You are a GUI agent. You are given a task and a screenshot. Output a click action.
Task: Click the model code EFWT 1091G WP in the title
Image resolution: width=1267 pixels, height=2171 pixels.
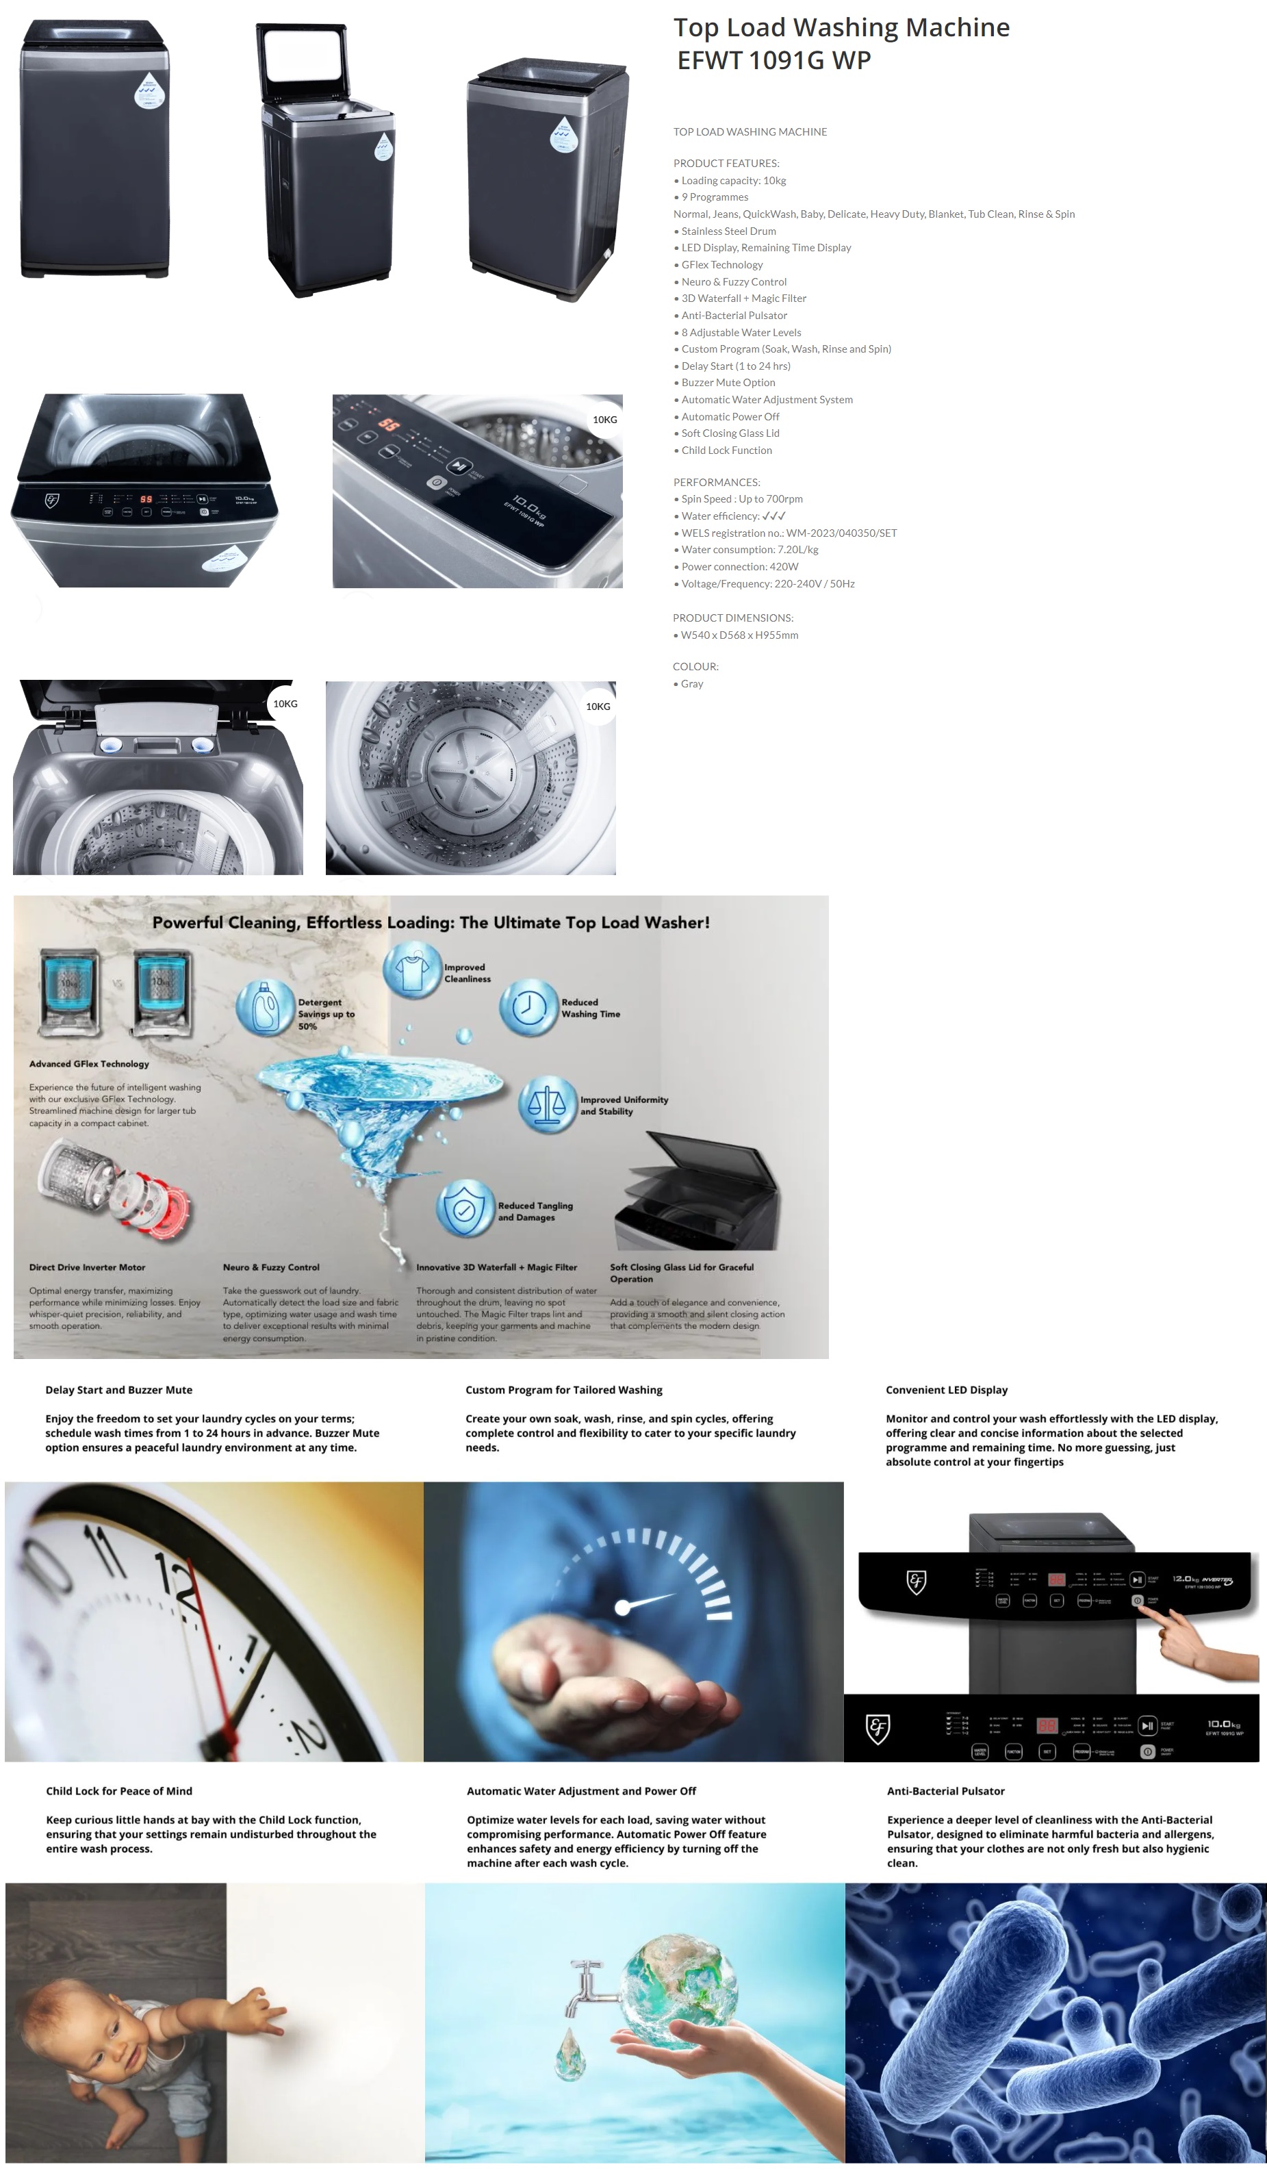(773, 61)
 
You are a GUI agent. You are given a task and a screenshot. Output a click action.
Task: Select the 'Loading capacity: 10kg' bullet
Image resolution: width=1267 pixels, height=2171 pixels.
(733, 181)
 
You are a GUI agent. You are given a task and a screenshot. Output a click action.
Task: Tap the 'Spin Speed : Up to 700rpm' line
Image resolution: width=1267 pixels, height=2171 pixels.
(741, 500)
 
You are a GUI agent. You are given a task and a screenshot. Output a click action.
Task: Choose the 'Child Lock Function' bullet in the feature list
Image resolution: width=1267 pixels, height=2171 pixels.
(726, 450)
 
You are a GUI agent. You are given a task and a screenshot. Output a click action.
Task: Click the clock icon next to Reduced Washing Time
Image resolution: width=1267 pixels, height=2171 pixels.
(529, 1007)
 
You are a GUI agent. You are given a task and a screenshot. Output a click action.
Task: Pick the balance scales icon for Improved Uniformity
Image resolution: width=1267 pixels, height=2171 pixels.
(547, 1104)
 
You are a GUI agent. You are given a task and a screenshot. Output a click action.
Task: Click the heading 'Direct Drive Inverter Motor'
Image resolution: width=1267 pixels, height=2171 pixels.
(87, 1267)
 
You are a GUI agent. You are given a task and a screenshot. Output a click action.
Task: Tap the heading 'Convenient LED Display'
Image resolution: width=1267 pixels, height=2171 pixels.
(946, 1390)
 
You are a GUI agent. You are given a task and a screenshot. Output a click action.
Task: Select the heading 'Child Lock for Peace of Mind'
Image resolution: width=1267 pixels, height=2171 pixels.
(119, 1791)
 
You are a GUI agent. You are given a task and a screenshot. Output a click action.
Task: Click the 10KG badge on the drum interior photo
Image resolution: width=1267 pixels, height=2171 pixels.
(598, 707)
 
